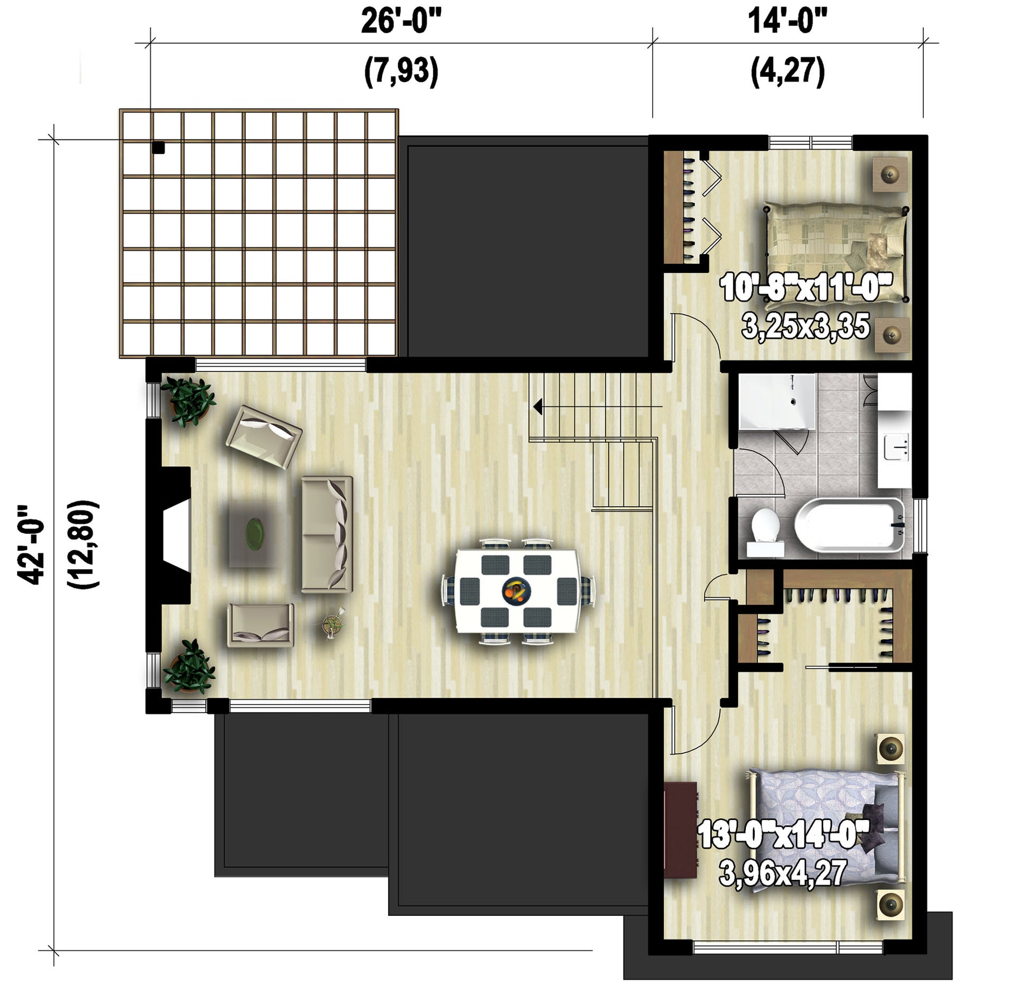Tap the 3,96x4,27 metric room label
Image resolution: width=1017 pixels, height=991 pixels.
[783, 873]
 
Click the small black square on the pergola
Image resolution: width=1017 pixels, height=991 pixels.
[158, 147]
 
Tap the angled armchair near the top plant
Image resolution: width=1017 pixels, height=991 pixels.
[264, 437]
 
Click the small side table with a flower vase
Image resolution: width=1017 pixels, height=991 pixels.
[332, 623]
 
